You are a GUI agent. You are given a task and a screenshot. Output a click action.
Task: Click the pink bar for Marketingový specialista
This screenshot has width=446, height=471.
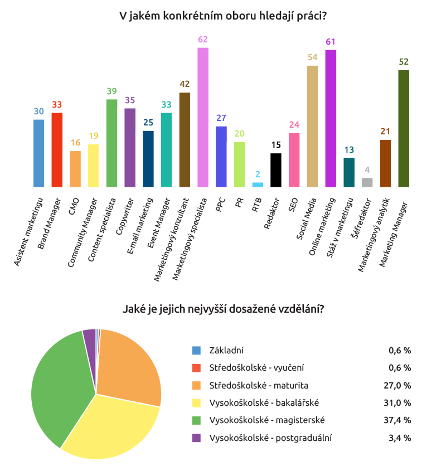(203, 117)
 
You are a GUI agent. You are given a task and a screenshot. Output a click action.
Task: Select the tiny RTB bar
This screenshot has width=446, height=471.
(258, 184)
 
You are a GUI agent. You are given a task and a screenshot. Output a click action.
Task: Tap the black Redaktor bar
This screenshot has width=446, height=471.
(276, 170)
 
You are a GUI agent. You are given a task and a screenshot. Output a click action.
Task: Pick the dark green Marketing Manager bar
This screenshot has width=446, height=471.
(404, 128)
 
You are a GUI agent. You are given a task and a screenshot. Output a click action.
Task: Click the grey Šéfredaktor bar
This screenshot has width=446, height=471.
(367, 182)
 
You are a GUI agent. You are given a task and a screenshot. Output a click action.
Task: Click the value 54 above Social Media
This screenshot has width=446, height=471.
(312, 57)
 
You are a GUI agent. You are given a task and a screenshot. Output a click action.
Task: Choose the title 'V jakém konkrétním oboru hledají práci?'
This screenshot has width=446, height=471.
(223, 16)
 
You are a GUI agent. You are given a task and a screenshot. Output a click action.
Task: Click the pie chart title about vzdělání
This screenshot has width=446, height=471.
(223, 308)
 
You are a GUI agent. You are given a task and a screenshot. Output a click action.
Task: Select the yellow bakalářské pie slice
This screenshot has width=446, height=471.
(111, 429)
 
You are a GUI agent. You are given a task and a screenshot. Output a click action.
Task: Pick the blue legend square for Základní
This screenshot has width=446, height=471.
(196, 351)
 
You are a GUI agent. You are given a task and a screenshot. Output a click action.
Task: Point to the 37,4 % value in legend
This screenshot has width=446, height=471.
(400, 420)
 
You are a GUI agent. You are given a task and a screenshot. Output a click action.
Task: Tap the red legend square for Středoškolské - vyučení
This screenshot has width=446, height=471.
(196, 368)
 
